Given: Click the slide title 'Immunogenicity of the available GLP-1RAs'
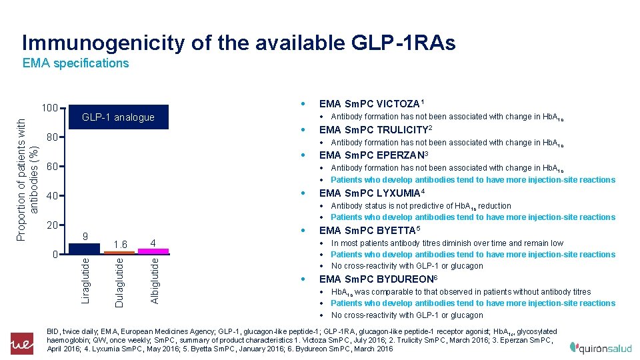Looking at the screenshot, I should tap(239, 43).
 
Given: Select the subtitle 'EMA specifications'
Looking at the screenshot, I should tap(75, 63).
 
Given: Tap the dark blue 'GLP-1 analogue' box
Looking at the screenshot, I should tap(118, 117).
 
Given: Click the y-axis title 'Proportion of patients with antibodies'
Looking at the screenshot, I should tap(27, 180).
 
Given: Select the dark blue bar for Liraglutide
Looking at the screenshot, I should tap(85, 248).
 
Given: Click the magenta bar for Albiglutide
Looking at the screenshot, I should tap(153, 251).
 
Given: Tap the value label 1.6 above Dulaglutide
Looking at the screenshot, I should tap(120, 244).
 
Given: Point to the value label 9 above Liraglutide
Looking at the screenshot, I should tap(85, 235).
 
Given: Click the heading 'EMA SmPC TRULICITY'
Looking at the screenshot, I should tap(376, 129).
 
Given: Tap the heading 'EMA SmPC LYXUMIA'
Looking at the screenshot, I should tap(372, 193).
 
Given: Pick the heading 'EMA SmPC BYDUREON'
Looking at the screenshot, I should tap(377, 279).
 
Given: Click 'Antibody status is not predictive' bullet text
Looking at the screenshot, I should tap(421, 206).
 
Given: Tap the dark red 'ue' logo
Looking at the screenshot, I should tap(21, 344).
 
